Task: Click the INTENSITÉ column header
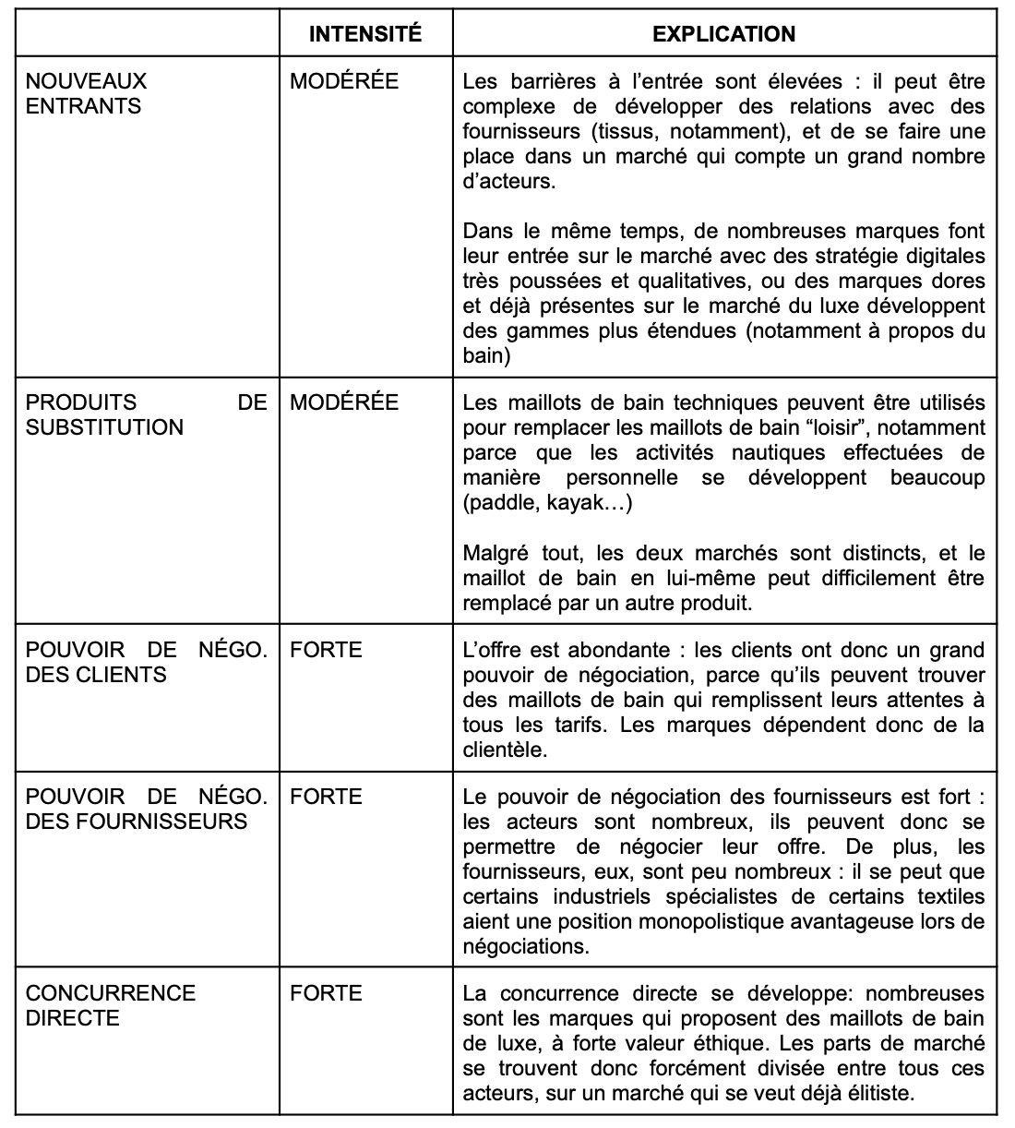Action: pyautogui.click(x=364, y=34)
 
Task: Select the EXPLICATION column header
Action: pyautogui.click(x=723, y=34)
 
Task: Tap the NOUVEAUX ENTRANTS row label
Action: pyautogui.click(x=85, y=93)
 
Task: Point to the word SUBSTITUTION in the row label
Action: pyautogui.click(x=104, y=427)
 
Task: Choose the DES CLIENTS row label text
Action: pyautogui.click(x=96, y=675)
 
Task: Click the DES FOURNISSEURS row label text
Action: pyautogui.click(x=136, y=822)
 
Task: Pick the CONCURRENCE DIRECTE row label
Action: pyautogui.click(x=111, y=1005)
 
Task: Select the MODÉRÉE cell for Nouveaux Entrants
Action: pyautogui.click(x=344, y=81)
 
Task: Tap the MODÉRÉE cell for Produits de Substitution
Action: pyautogui.click(x=344, y=402)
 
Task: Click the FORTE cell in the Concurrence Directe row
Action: pyautogui.click(x=326, y=993)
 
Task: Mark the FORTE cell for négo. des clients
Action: pyautogui.click(x=326, y=650)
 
